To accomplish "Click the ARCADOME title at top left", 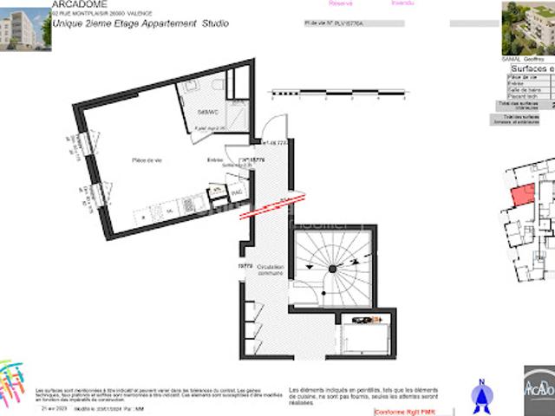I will click(x=79, y=4).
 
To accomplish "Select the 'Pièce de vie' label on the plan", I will click(x=147, y=160).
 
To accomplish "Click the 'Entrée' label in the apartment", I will click(x=215, y=160).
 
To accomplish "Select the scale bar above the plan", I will click(x=338, y=91).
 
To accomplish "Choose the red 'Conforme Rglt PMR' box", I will click(x=403, y=412).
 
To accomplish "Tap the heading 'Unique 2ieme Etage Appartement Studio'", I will click(x=140, y=23).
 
